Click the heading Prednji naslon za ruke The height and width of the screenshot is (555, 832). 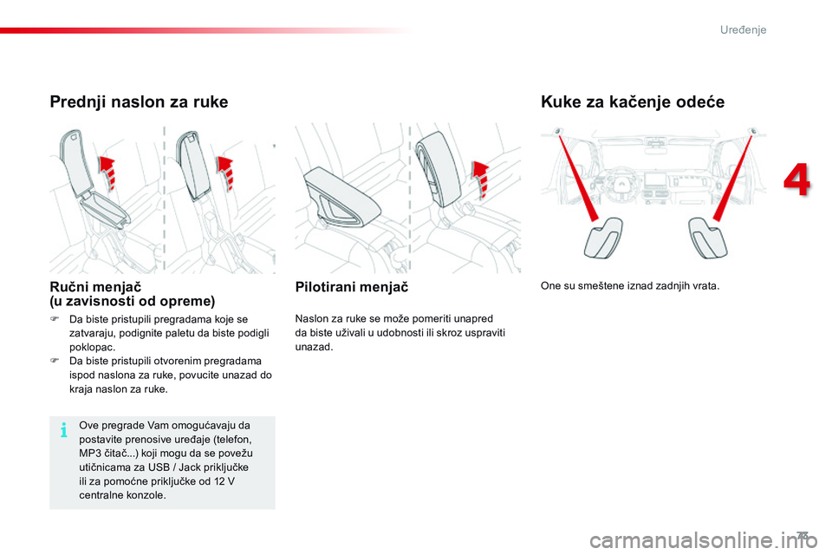click(x=139, y=102)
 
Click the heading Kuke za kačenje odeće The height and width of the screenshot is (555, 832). click(x=632, y=102)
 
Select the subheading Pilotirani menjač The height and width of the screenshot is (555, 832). click(x=351, y=286)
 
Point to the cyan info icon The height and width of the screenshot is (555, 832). click(x=65, y=431)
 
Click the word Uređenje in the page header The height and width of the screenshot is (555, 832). click(x=743, y=30)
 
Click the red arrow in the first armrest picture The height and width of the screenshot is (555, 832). click(x=106, y=172)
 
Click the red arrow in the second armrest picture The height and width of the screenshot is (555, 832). click(x=226, y=172)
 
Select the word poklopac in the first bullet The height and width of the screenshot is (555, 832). click(x=92, y=346)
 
